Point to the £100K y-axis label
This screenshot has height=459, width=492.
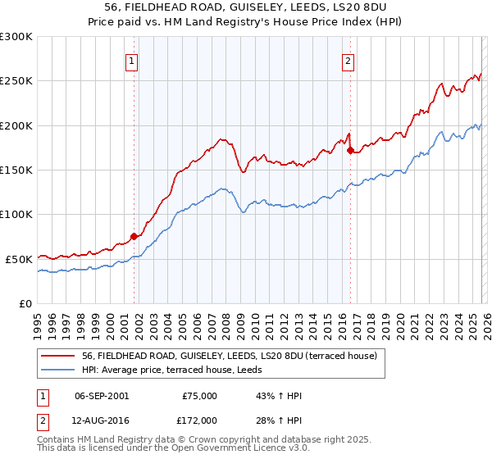pyautogui.click(x=16, y=214)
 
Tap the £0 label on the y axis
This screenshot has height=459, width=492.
pyautogui.click(x=25, y=303)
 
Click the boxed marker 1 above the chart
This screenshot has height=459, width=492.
pyautogui.click(x=132, y=60)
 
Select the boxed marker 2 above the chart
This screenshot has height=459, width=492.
pyautogui.click(x=348, y=60)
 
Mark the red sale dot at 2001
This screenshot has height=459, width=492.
pyautogui.click(x=134, y=236)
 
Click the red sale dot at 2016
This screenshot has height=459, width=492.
pyautogui.click(x=350, y=151)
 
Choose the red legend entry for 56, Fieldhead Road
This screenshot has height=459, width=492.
pyautogui.click(x=229, y=356)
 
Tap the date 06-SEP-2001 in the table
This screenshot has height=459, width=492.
pyautogui.click(x=102, y=396)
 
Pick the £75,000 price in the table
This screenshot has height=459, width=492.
pyautogui.click(x=199, y=396)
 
